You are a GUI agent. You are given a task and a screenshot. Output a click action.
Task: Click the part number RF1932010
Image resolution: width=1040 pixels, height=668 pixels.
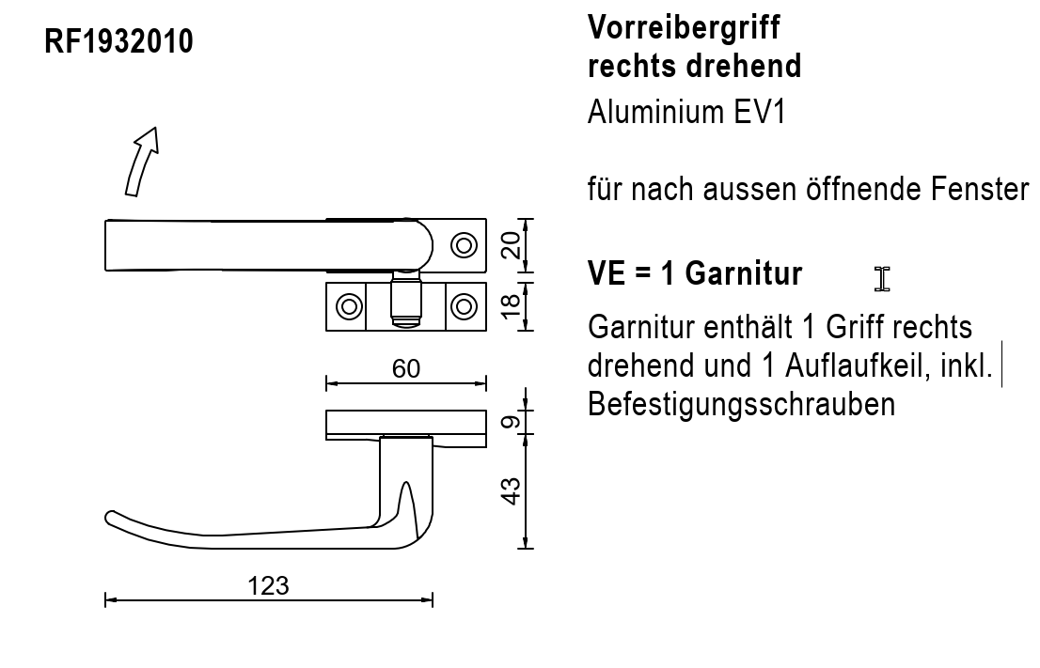pyautogui.click(x=118, y=41)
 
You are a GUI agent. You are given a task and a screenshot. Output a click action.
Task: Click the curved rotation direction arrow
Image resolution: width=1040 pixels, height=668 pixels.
pyautogui.click(x=141, y=163)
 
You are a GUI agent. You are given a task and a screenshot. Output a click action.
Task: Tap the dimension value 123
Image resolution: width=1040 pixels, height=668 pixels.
pyautogui.click(x=268, y=586)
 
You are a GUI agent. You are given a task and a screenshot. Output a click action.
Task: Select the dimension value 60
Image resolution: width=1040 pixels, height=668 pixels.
pyautogui.click(x=406, y=368)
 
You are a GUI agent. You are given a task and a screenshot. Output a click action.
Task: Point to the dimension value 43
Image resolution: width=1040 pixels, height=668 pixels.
pyautogui.click(x=511, y=491)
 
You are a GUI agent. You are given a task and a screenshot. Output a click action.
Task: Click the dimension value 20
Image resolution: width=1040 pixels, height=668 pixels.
pyautogui.click(x=511, y=244)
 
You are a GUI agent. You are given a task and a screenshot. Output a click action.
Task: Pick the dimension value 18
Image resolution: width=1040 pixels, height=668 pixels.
pyautogui.click(x=511, y=305)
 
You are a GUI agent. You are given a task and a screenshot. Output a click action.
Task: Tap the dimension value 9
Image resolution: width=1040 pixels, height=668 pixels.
pyautogui.click(x=511, y=422)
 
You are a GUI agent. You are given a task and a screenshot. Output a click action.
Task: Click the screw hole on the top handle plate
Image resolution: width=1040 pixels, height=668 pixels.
pyautogui.click(x=464, y=245)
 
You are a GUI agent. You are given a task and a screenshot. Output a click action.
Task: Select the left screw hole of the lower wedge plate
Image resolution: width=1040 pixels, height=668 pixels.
pyautogui.click(x=350, y=307)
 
